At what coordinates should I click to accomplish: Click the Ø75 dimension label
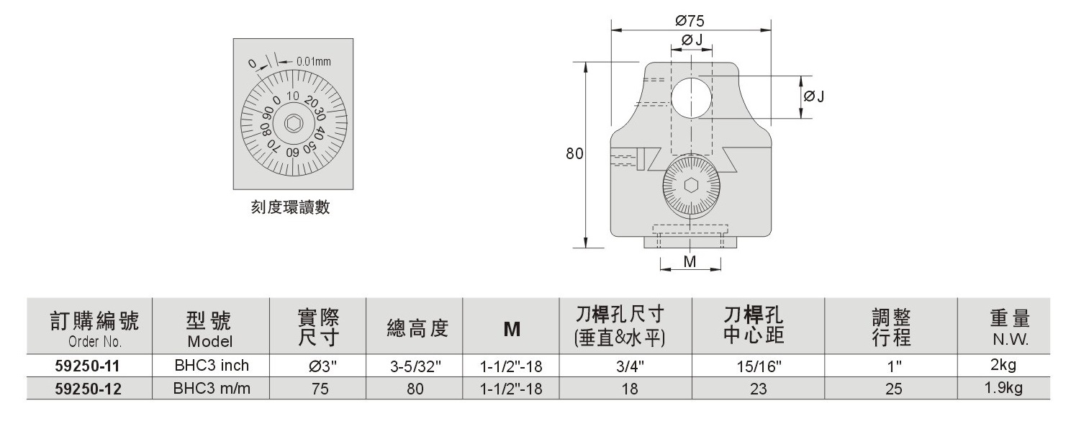pos(690,21)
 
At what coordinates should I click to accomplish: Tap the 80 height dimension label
pos(574,153)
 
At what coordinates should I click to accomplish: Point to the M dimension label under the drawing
pos(690,261)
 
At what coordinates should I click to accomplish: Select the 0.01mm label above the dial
pos(313,62)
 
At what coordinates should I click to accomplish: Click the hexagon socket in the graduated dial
pos(293,124)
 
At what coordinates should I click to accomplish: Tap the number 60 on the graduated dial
pos(292,153)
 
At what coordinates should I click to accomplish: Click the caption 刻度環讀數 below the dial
pos(291,207)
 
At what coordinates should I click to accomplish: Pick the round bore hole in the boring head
pos(691,98)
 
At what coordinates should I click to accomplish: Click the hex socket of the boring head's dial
pos(692,186)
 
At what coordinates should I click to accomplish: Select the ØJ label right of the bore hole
pos(814,96)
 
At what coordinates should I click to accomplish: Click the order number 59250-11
pos(87,366)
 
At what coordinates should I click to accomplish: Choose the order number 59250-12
pos(88,389)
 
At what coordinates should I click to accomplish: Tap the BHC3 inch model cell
pos(212,366)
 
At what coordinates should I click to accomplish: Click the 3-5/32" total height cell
pos(415,366)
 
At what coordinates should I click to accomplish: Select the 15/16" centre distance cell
pos(759,366)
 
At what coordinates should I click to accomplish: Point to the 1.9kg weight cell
pos(1003,388)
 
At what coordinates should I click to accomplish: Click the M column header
pos(512,329)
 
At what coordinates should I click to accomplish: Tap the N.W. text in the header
pos(1011,340)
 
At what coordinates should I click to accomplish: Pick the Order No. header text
pos(95,341)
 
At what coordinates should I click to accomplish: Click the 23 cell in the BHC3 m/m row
pos(759,389)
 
